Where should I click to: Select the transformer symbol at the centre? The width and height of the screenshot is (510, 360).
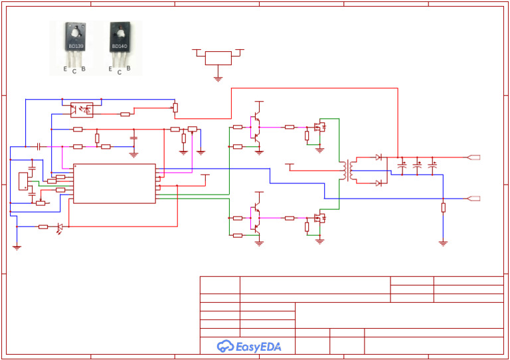345,170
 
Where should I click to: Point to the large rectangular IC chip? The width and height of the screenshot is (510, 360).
114,183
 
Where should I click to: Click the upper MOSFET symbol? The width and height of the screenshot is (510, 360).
319,126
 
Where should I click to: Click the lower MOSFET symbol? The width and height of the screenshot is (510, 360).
319,217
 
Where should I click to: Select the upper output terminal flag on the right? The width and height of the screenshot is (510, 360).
473,157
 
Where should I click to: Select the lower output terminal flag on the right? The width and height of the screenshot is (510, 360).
473,198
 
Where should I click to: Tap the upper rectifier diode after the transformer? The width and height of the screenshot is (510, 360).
379,157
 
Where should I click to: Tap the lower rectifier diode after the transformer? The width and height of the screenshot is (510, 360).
379,182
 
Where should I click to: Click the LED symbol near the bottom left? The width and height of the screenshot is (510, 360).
60,227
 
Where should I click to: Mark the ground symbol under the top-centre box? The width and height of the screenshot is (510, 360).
218,78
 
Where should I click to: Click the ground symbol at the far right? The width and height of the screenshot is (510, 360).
443,243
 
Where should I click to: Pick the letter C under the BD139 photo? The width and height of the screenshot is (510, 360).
74,71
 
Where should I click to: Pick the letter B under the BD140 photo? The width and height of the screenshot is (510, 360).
128,68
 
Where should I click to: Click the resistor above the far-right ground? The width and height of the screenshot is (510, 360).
443,207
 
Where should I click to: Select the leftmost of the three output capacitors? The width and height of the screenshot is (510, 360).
402,163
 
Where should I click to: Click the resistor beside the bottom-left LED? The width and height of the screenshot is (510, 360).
42,227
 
